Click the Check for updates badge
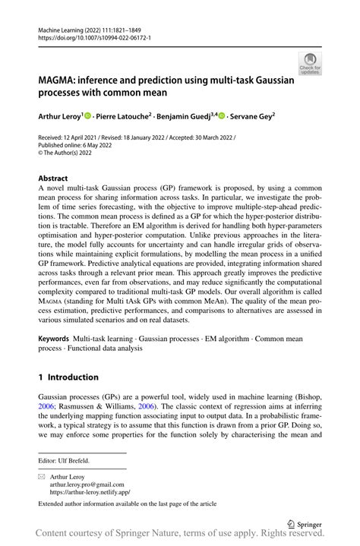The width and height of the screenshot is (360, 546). [310, 63]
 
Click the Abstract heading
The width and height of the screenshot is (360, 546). [53, 177]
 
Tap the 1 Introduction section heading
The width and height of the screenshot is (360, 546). [68, 377]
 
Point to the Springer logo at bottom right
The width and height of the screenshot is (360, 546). [304, 524]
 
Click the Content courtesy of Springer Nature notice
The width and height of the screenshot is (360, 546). [180, 537]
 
